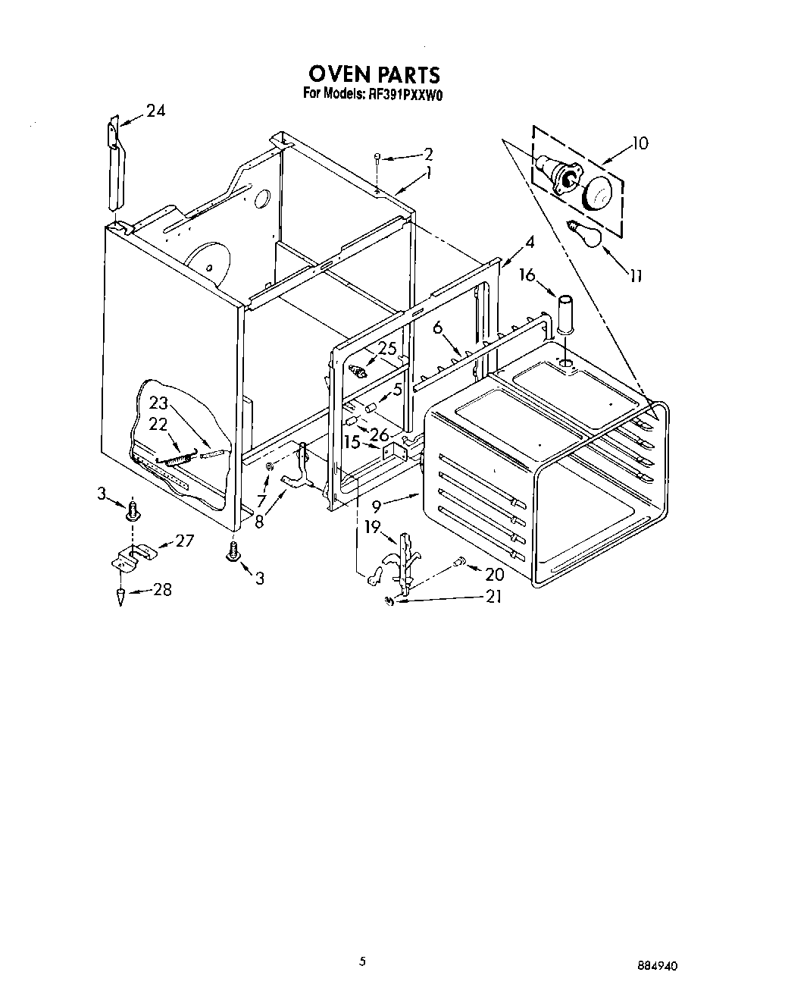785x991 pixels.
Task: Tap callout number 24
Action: coord(155,111)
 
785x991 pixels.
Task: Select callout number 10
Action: coord(640,143)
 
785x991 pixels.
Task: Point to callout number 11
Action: coord(636,276)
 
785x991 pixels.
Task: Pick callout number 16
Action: coord(527,274)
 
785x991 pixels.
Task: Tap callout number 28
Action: coord(161,589)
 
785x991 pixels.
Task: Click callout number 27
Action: coord(184,541)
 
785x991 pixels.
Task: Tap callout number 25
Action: coord(387,348)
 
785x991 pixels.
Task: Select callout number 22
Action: coord(158,425)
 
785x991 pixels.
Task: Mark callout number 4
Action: coord(529,243)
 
